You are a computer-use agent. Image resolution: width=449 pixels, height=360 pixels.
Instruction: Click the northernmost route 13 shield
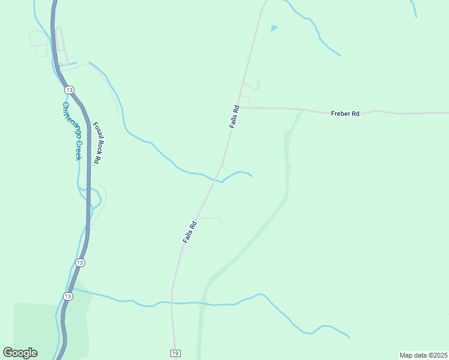click(70, 89)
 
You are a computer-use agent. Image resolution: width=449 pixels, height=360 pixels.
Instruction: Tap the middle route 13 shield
click(80, 263)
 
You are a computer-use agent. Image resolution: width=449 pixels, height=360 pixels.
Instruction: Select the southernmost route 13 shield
click(68, 296)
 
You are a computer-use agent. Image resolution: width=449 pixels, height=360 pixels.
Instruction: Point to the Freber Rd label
click(345, 113)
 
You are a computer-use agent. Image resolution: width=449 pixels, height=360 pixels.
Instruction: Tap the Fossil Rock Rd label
click(97, 143)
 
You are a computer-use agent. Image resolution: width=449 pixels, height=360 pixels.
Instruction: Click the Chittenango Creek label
click(71, 131)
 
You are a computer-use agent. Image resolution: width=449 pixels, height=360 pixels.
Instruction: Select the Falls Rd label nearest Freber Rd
click(235, 116)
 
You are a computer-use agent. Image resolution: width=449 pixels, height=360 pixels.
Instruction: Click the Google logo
click(20, 353)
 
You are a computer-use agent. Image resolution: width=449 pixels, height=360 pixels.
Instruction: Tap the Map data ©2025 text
click(423, 355)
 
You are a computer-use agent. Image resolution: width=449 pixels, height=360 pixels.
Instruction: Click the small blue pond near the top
click(274, 28)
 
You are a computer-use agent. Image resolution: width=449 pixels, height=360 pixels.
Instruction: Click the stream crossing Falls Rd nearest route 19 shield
click(172, 302)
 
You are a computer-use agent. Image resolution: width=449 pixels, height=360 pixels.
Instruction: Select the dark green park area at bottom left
click(36, 330)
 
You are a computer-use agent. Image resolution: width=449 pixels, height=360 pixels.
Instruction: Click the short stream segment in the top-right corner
click(414, 7)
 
